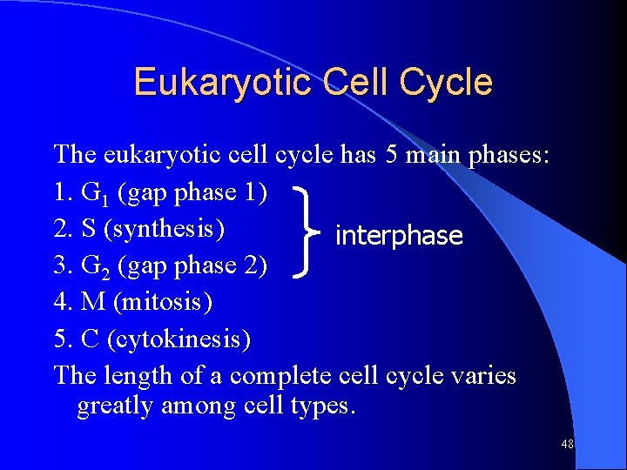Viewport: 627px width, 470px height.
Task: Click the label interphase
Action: (x=399, y=236)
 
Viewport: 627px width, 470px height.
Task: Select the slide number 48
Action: (x=567, y=444)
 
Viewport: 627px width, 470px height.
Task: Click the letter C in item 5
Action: (x=91, y=339)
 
